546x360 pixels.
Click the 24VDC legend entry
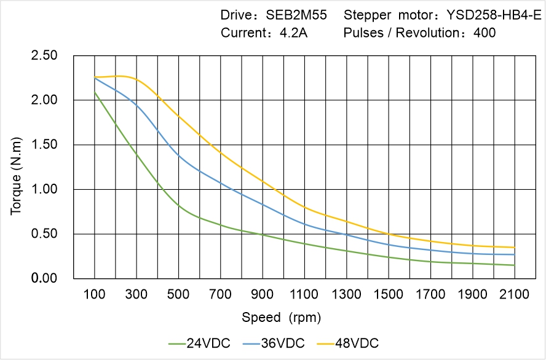click(200, 343)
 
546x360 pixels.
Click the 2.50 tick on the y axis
click(44, 56)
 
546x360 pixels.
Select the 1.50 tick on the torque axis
click(44, 145)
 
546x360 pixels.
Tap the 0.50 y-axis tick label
click(44, 234)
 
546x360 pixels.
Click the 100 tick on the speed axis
click(95, 295)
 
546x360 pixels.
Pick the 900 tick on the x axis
click(263, 295)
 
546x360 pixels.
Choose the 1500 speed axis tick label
click(389, 295)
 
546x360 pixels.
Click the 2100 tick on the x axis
click(515, 295)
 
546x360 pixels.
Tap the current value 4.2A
click(294, 33)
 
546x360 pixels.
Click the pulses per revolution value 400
click(485, 33)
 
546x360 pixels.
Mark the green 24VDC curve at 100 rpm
click(95, 92)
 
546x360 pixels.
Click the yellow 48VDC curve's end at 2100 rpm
click(515, 248)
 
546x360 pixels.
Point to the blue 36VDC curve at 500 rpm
click(179, 155)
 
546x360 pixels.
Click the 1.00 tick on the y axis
click(44, 189)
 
